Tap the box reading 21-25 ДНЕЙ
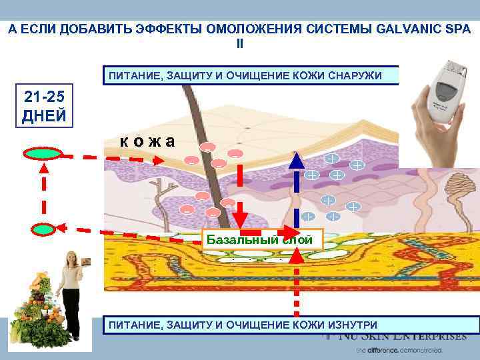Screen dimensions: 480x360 tap(44, 105)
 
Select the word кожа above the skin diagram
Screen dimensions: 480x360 tap(147, 141)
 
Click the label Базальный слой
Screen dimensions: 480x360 tap(263, 239)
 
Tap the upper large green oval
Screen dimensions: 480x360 tap(43, 154)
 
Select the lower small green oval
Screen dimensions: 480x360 tap(43, 229)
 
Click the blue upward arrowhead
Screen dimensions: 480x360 tap(297, 159)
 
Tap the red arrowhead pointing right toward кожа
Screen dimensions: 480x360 tap(157, 160)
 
